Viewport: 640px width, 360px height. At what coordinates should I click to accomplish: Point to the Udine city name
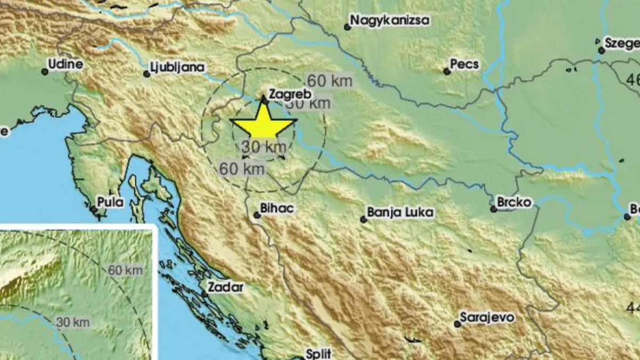(65, 65)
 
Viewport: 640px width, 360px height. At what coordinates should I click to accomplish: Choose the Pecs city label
(465, 65)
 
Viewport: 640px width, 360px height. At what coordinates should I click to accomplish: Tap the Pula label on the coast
(110, 202)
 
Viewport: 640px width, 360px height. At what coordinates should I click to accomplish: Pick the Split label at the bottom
(318, 353)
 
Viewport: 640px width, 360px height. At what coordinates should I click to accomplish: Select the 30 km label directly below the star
(261, 147)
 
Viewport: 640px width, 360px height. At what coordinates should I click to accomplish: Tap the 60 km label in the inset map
(125, 270)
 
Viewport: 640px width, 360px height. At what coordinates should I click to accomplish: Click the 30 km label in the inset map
(73, 322)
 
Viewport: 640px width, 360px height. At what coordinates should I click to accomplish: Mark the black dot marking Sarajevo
(457, 324)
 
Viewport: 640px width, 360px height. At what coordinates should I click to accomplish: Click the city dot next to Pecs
(447, 71)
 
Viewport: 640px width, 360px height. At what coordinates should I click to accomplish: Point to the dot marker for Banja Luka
(364, 219)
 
